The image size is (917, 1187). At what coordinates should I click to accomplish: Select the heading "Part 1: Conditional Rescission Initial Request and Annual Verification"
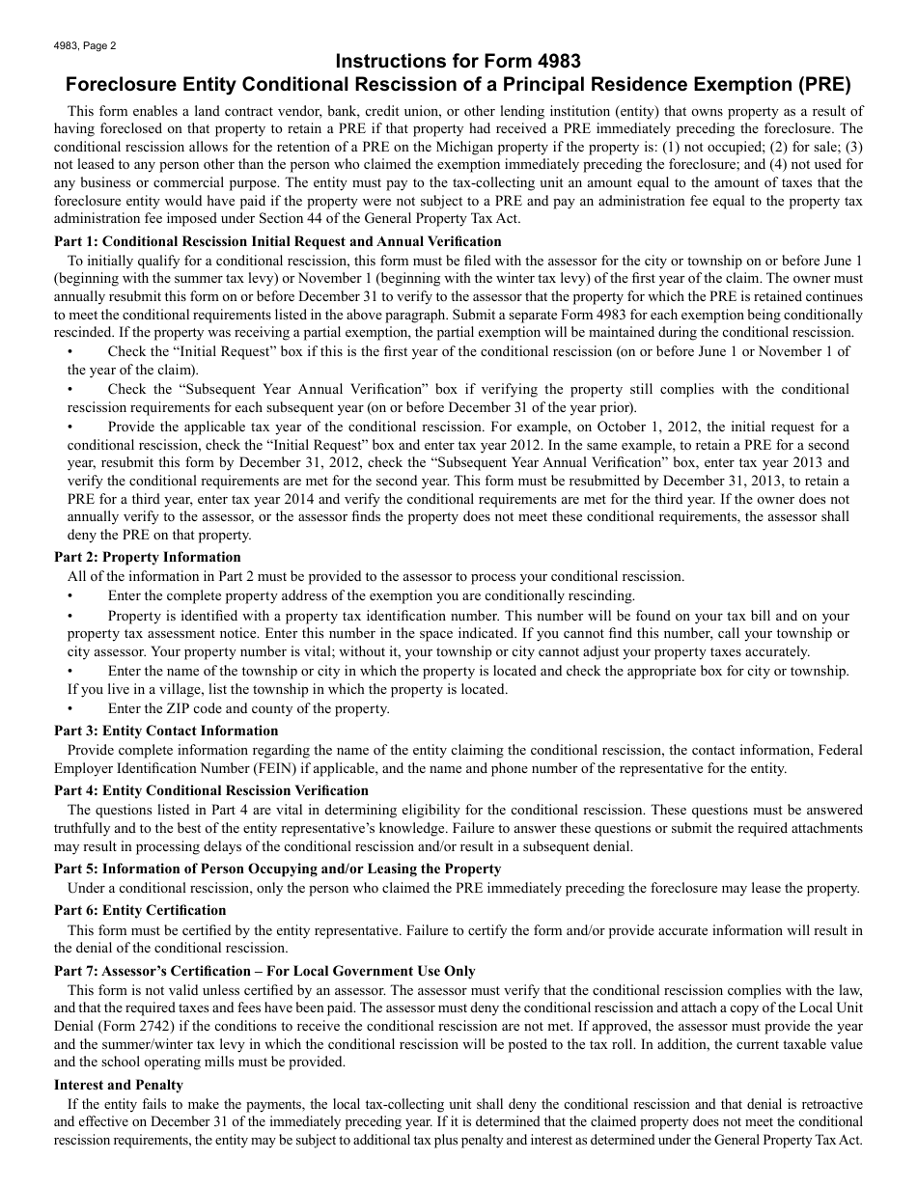click(278, 241)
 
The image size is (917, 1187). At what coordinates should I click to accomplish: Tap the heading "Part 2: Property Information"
click(148, 557)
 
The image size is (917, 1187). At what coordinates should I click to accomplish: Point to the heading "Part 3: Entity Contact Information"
click(166, 731)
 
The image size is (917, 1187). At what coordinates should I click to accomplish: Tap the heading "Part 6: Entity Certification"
click(140, 910)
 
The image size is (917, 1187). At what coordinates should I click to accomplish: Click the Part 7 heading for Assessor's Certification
click(264, 971)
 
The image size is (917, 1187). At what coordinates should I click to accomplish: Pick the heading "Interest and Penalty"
click(119, 1085)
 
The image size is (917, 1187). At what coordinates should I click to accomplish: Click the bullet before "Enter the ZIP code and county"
click(70, 708)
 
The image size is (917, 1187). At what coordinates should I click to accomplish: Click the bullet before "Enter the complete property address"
click(70, 595)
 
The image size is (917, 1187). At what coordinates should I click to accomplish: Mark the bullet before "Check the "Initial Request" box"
click(70, 351)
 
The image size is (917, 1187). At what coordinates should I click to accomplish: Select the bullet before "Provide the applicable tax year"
click(70, 427)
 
